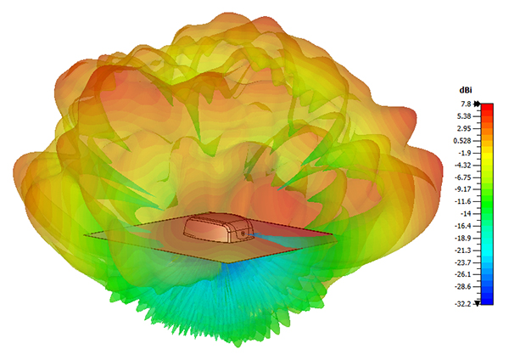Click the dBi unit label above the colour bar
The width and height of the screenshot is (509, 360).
click(x=466, y=90)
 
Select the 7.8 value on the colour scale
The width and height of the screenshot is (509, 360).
click(x=466, y=104)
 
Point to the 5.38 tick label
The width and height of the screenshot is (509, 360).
click(x=464, y=116)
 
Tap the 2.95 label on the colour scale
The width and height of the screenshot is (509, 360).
click(x=464, y=129)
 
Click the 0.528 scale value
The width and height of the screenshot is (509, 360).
click(x=462, y=141)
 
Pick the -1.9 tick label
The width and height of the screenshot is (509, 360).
click(x=465, y=153)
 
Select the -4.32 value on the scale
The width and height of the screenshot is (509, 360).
click(x=463, y=166)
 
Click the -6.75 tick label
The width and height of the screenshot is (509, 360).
click(x=463, y=177)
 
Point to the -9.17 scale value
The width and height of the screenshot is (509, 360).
click(x=463, y=189)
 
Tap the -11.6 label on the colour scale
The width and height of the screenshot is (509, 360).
click(x=463, y=201)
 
